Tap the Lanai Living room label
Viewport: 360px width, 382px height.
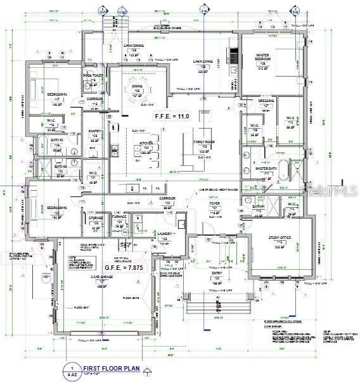click(x=202, y=62)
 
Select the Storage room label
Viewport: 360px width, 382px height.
click(x=96, y=219)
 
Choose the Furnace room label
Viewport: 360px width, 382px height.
click(x=120, y=219)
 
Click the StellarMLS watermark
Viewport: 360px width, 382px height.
click(x=331, y=188)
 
